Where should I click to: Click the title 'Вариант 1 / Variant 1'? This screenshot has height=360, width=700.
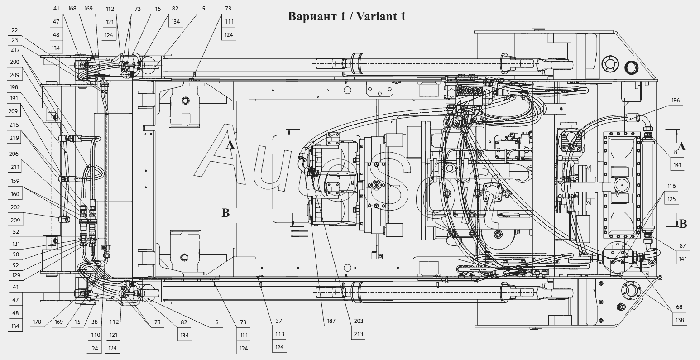pyautogui.click(x=347, y=17)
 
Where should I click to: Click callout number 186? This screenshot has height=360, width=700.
pyautogui.click(x=675, y=101)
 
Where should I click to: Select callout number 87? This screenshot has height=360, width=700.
pyautogui.click(x=682, y=246)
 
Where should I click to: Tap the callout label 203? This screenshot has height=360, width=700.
pyautogui.click(x=359, y=321)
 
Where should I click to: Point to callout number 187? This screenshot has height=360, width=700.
pyautogui.click(x=331, y=321)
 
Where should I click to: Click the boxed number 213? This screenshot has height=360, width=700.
pyautogui.click(x=359, y=334)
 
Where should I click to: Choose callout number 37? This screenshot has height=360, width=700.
pyautogui.click(x=279, y=321)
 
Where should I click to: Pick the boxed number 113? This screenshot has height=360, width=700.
pyautogui.click(x=280, y=334)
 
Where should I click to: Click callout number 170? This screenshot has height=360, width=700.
pyautogui.click(x=37, y=322)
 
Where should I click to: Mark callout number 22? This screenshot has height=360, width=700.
pyautogui.click(x=14, y=30)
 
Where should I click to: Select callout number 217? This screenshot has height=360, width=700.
pyautogui.click(x=15, y=50)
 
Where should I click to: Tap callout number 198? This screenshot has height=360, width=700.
pyautogui.click(x=14, y=87)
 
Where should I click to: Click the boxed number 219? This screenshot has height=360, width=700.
pyautogui.click(x=14, y=138)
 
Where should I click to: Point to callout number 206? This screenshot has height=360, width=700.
pyautogui.click(x=14, y=154)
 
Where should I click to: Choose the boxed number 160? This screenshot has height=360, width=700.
pyautogui.click(x=15, y=194)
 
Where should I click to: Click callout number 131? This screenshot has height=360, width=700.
pyautogui.click(x=16, y=244)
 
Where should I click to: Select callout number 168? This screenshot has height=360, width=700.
pyautogui.click(x=72, y=9)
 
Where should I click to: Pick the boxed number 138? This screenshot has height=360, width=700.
pyautogui.click(x=680, y=320)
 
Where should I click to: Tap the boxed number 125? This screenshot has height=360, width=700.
pyautogui.click(x=671, y=199)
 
